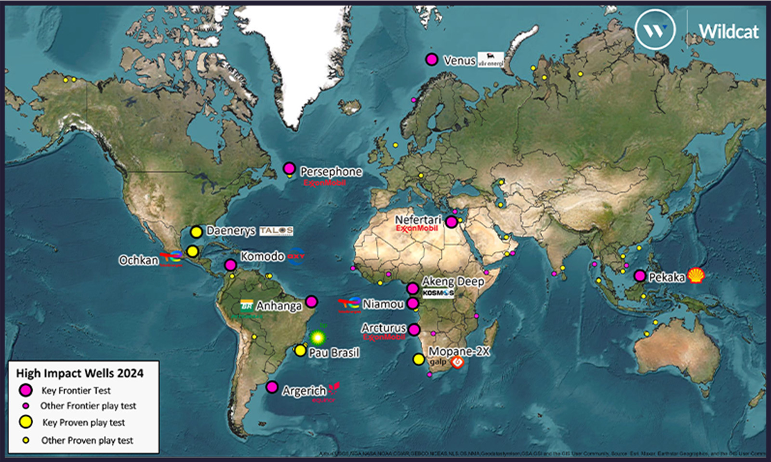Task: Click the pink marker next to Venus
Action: [x=431, y=60]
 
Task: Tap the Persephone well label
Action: [x=331, y=171]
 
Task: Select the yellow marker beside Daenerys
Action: [x=196, y=232]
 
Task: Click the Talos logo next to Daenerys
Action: [x=276, y=231]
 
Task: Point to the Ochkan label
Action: [x=139, y=260]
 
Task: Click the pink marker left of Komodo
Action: [x=230, y=265]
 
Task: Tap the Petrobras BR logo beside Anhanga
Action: [x=247, y=306]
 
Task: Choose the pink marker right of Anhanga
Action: [x=312, y=302]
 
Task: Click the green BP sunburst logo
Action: [x=318, y=337]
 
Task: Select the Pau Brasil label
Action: [x=334, y=353]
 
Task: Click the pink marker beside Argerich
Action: [x=272, y=387]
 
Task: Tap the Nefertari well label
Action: [x=418, y=220]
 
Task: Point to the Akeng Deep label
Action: [x=453, y=281]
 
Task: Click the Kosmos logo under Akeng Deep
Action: [x=438, y=293]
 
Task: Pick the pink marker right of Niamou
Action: [x=412, y=303]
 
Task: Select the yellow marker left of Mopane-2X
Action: [x=419, y=359]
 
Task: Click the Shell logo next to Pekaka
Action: [x=696, y=276]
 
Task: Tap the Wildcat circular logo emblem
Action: [x=654, y=30]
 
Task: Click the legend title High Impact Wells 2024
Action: [x=80, y=373]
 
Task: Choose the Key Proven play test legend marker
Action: [x=26, y=422]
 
